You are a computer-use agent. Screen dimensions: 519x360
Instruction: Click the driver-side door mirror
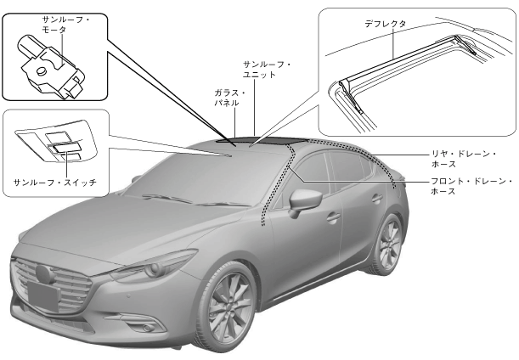(305, 201)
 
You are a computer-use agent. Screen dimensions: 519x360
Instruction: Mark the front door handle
(333, 217)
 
